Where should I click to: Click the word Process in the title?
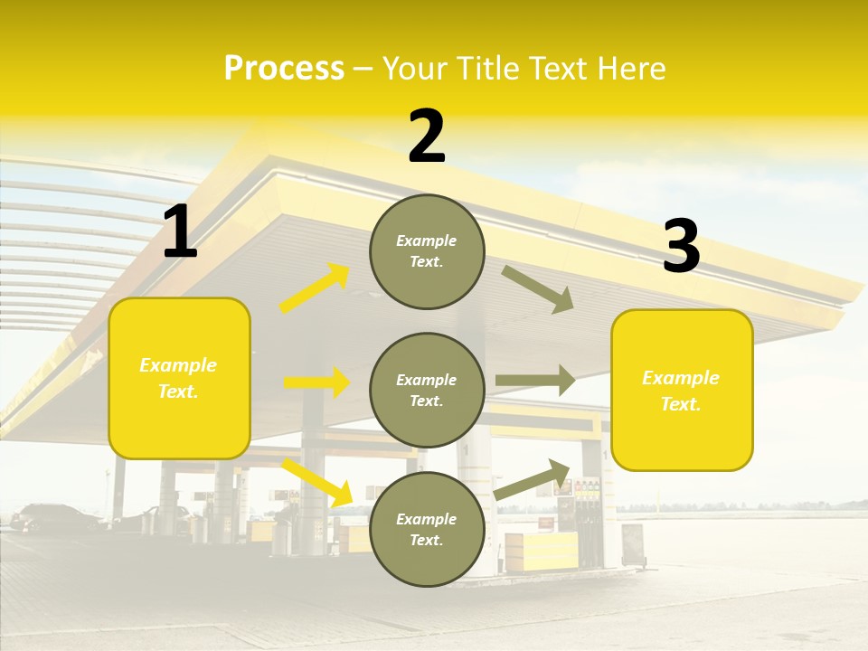284,69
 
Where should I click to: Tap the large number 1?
180,232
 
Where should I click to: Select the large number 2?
427,137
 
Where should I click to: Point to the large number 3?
681,247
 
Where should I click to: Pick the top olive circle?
427,251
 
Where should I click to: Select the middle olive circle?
427,391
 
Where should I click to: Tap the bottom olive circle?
427,530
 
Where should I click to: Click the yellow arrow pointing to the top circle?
315,288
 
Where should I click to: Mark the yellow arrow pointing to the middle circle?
316,382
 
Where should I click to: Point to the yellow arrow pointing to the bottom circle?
317,482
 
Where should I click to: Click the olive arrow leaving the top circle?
538,288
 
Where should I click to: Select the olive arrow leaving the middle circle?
535,381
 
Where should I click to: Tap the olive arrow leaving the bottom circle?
533,479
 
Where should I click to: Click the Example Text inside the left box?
178,378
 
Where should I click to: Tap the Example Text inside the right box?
681,391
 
